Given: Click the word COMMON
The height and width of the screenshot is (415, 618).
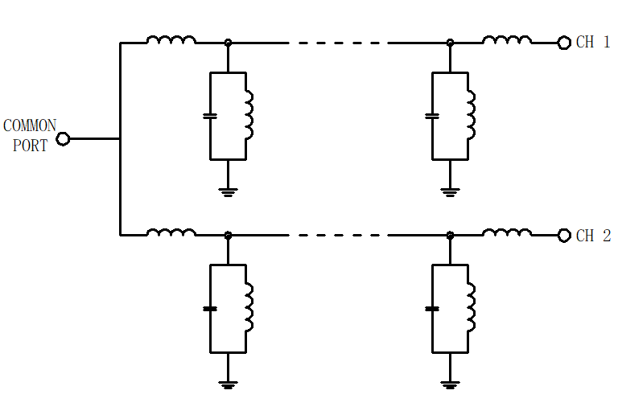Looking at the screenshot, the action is [30, 126].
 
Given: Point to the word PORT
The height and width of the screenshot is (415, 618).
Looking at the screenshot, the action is [30, 146].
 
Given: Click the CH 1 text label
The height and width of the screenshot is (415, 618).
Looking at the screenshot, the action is [593, 42].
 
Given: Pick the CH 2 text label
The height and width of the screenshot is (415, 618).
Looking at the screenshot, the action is [593, 236].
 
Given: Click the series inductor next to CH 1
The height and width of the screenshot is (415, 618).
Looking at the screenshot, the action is [507, 39].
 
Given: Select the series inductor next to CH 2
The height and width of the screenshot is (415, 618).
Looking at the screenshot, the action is [507, 232].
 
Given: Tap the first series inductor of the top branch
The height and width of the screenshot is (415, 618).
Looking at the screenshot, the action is [171, 39].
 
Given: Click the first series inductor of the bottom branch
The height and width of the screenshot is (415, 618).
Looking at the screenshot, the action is [171, 232].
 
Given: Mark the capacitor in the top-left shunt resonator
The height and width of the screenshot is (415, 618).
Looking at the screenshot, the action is [210, 116].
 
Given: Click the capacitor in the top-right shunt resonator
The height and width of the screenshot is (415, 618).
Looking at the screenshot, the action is [432, 116].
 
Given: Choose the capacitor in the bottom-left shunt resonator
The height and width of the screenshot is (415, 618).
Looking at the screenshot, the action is [210, 309].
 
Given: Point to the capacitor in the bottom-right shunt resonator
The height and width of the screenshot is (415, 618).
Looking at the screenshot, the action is [432, 309].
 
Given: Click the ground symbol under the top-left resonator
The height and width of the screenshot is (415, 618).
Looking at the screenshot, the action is [228, 192].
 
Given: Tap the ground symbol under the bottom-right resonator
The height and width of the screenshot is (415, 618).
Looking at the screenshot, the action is [450, 385].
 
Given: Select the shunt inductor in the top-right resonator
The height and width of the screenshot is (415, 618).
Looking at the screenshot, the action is [472, 115].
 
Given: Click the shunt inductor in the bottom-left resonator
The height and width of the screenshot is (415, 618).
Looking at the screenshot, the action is [249, 307].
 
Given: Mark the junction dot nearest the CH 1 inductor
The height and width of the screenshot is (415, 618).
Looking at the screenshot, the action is [450, 43].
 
